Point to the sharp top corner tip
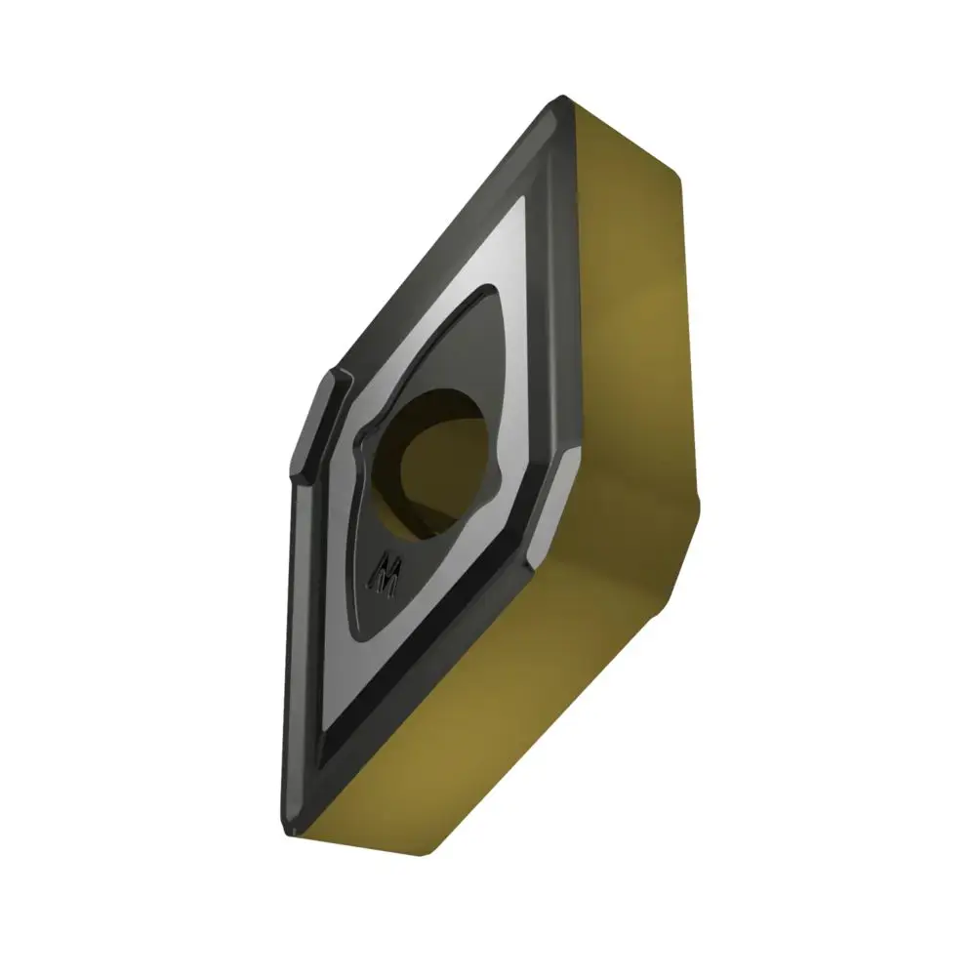562,98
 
